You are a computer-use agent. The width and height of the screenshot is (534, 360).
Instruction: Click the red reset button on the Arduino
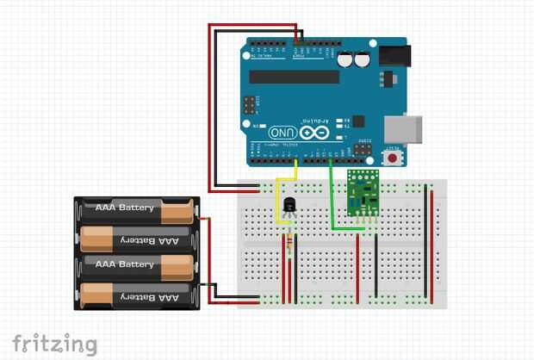point(394,157)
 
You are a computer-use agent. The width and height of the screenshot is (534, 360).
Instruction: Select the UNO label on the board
point(283,133)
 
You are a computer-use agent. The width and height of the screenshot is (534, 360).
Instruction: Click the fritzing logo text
point(53,344)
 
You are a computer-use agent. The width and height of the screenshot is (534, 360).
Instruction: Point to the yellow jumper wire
point(277,207)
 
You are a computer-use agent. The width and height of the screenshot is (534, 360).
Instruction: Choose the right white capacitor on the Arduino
point(363,59)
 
